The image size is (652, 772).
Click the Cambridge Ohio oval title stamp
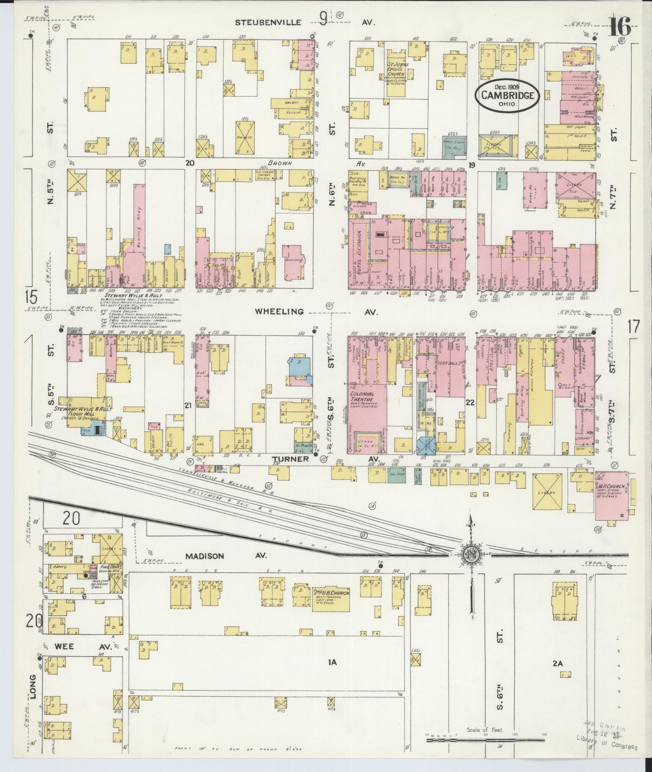coord(507,95)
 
